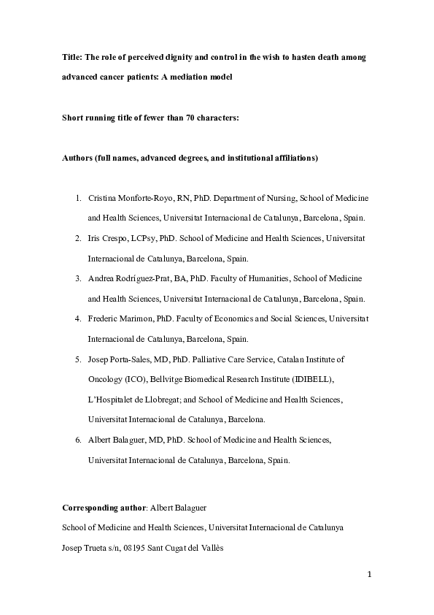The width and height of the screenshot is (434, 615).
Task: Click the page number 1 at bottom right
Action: (x=370, y=574)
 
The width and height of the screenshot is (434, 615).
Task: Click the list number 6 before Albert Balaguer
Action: (x=78, y=440)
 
